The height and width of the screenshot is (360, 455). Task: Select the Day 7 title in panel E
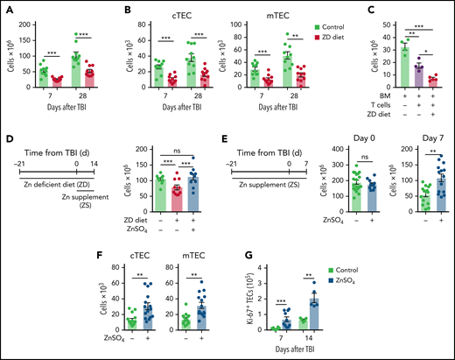coord(431,129)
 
